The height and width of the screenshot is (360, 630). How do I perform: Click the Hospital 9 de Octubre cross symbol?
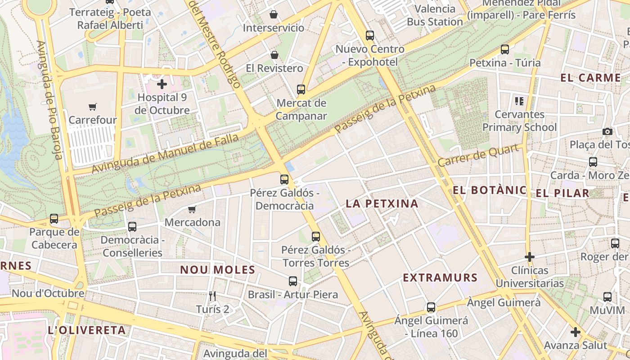pyautogui.click(x=162, y=84)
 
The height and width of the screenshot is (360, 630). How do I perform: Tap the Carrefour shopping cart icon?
pyautogui.click(x=93, y=107)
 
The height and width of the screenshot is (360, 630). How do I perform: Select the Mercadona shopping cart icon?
pyautogui.click(x=192, y=209)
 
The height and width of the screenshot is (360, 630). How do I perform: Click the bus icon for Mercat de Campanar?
pyautogui.click(x=301, y=90)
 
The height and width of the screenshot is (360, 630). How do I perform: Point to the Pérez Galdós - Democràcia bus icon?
pyautogui.click(x=284, y=180)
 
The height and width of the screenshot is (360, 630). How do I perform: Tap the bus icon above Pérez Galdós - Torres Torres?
pyautogui.click(x=316, y=237)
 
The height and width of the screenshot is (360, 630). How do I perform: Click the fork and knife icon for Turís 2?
pyautogui.click(x=213, y=296)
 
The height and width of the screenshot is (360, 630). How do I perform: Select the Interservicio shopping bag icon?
pyautogui.click(x=274, y=15)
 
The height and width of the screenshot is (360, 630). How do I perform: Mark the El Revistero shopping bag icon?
pyautogui.click(x=274, y=55)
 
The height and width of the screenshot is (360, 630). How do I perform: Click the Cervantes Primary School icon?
pyautogui.click(x=519, y=101)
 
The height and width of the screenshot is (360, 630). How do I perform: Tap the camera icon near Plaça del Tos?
pyautogui.click(x=607, y=132)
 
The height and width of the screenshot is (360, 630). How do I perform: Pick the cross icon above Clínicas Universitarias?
pyautogui.click(x=530, y=257)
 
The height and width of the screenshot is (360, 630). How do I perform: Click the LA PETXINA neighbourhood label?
pyautogui.click(x=382, y=204)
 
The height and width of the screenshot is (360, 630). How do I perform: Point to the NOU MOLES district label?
pyautogui.click(x=218, y=270)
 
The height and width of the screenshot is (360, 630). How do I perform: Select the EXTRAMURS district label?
pyautogui.click(x=440, y=278)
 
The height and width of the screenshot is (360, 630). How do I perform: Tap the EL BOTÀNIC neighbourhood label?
pyautogui.click(x=490, y=190)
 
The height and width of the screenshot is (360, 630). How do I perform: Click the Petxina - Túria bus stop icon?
pyautogui.click(x=505, y=49)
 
